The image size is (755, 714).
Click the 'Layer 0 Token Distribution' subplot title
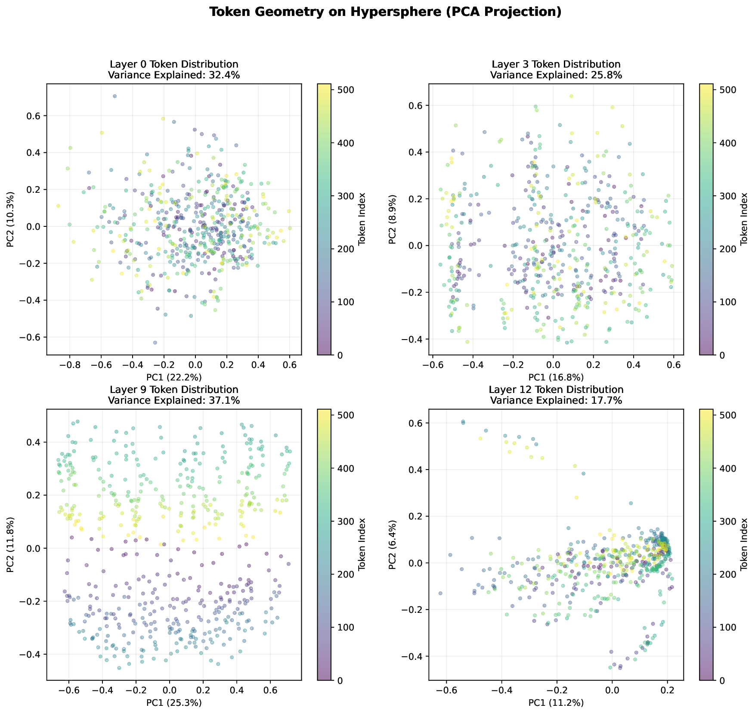click(173, 64)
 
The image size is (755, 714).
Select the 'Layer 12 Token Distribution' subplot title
click(556, 389)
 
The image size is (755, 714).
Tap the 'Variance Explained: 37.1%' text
click(173, 400)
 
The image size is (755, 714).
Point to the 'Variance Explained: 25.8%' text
click(556, 75)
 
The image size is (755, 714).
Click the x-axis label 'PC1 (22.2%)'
click(174, 377)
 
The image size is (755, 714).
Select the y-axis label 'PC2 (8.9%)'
click(392, 219)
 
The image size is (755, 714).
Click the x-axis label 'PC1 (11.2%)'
click(556, 703)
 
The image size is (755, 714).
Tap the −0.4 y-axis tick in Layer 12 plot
click(414, 656)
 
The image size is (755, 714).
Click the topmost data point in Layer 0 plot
click(115, 96)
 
